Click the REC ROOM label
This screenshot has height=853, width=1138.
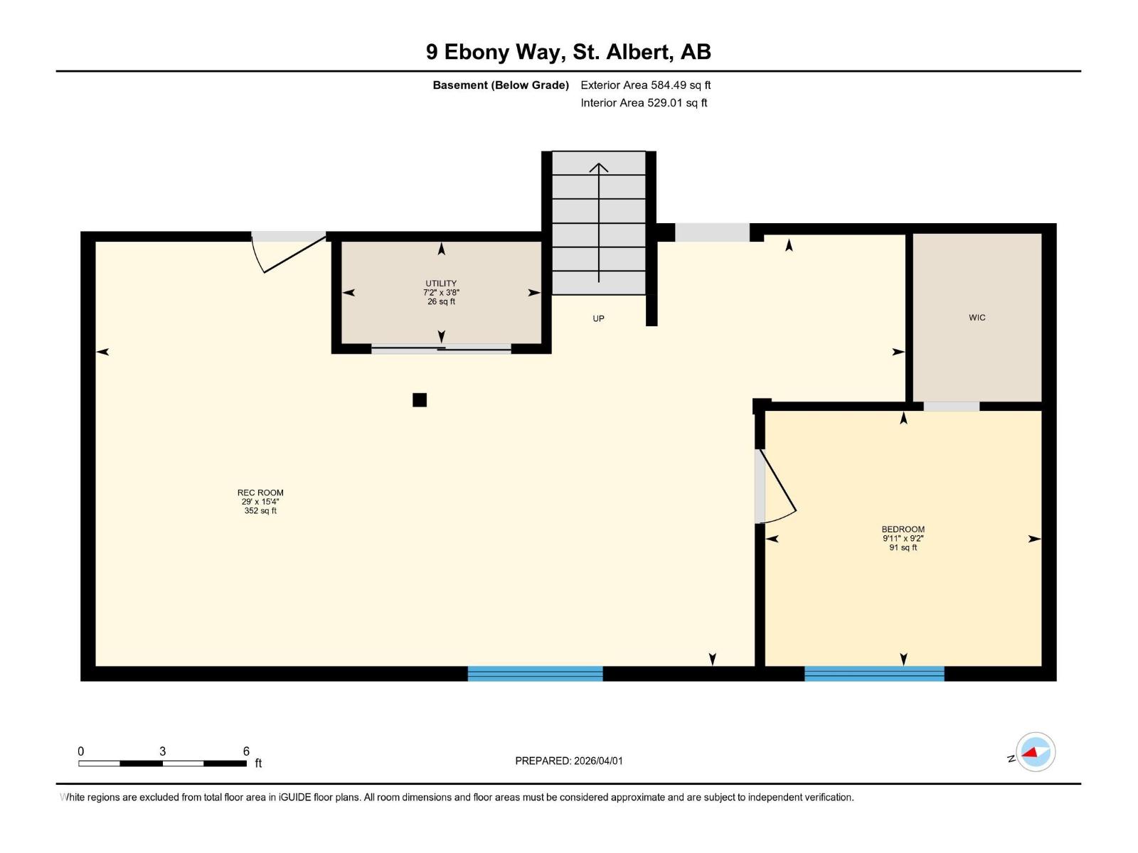click(260, 493)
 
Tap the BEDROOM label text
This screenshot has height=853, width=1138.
click(903, 530)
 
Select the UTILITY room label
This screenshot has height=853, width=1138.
click(441, 284)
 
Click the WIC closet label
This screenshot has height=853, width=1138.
click(977, 318)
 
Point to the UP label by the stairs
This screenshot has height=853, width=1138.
click(598, 318)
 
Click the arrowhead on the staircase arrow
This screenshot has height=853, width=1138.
click(599, 168)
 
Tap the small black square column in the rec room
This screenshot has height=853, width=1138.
click(420, 399)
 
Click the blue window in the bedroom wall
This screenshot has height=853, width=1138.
click(874, 673)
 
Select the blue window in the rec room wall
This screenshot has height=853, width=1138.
click(535, 673)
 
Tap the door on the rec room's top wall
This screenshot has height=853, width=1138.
click(292, 252)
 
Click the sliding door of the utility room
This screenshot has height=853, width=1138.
click(441, 348)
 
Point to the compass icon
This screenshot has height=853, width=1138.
click(1035, 752)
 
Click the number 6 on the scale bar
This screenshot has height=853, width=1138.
click(246, 751)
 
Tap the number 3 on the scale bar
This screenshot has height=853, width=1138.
click(162, 751)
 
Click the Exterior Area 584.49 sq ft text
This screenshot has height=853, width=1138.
click(645, 85)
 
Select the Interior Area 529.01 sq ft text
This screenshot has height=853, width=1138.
click(644, 103)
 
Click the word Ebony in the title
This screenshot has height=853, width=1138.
click(477, 52)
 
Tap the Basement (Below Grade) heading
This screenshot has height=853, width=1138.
click(501, 85)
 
